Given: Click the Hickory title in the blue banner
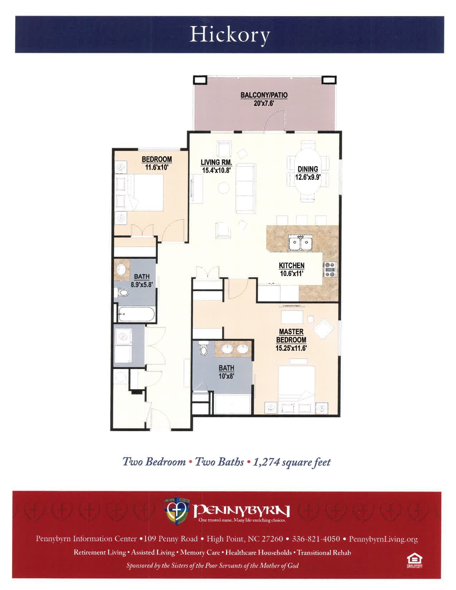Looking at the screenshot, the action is click(230, 35).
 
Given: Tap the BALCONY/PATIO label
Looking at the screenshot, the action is click(264, 95).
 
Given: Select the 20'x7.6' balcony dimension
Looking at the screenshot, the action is click(264, 103).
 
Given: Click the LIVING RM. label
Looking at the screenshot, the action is click(216, 162).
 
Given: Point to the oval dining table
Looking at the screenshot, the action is click(308, 171).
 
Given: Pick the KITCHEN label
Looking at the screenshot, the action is click(291, 265).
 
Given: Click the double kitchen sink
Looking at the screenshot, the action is click(300, 242).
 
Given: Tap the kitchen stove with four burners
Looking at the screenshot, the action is click(330, 269).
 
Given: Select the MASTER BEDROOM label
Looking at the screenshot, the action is click(291, 336).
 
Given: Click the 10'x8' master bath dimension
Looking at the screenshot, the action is click(226, 376).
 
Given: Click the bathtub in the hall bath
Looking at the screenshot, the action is click(137, 314).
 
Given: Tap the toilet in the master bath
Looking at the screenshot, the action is click(203, 348).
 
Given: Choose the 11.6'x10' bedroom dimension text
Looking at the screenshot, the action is click(157, 167).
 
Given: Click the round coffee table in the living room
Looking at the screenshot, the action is click(224, 188).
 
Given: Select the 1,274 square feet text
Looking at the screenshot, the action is click(292, 462).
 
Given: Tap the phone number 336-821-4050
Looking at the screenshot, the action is click(316, 539).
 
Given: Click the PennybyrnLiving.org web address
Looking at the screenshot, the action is click(383, 539).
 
